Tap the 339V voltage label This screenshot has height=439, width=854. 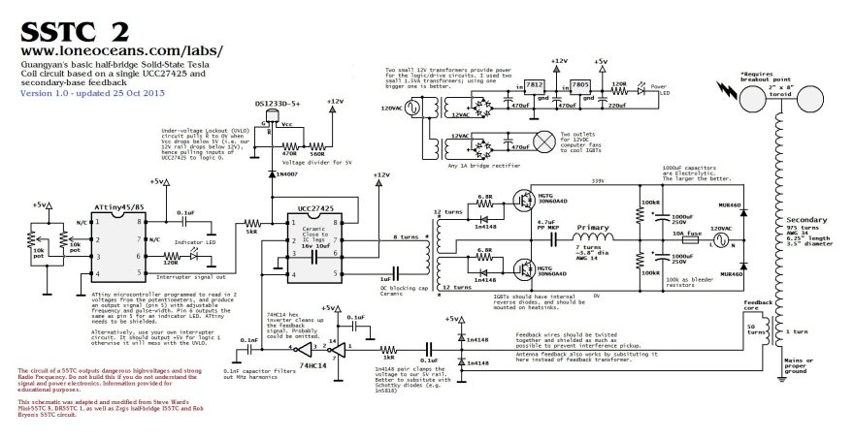pos(597,181)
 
